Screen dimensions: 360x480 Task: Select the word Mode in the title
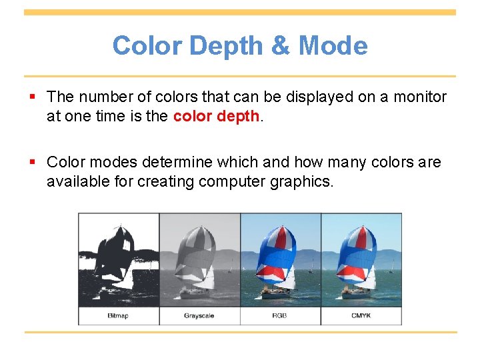[333, 46]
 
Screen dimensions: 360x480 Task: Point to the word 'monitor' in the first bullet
[420, 97]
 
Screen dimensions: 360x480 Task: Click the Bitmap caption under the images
[118, 315]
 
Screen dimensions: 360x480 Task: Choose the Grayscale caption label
[199, 315]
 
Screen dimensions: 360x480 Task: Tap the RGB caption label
[279, 315]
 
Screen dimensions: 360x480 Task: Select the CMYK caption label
[361, 315]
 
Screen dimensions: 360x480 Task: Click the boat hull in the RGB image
[275, 291]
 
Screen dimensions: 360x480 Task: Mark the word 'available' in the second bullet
[73, 181]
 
